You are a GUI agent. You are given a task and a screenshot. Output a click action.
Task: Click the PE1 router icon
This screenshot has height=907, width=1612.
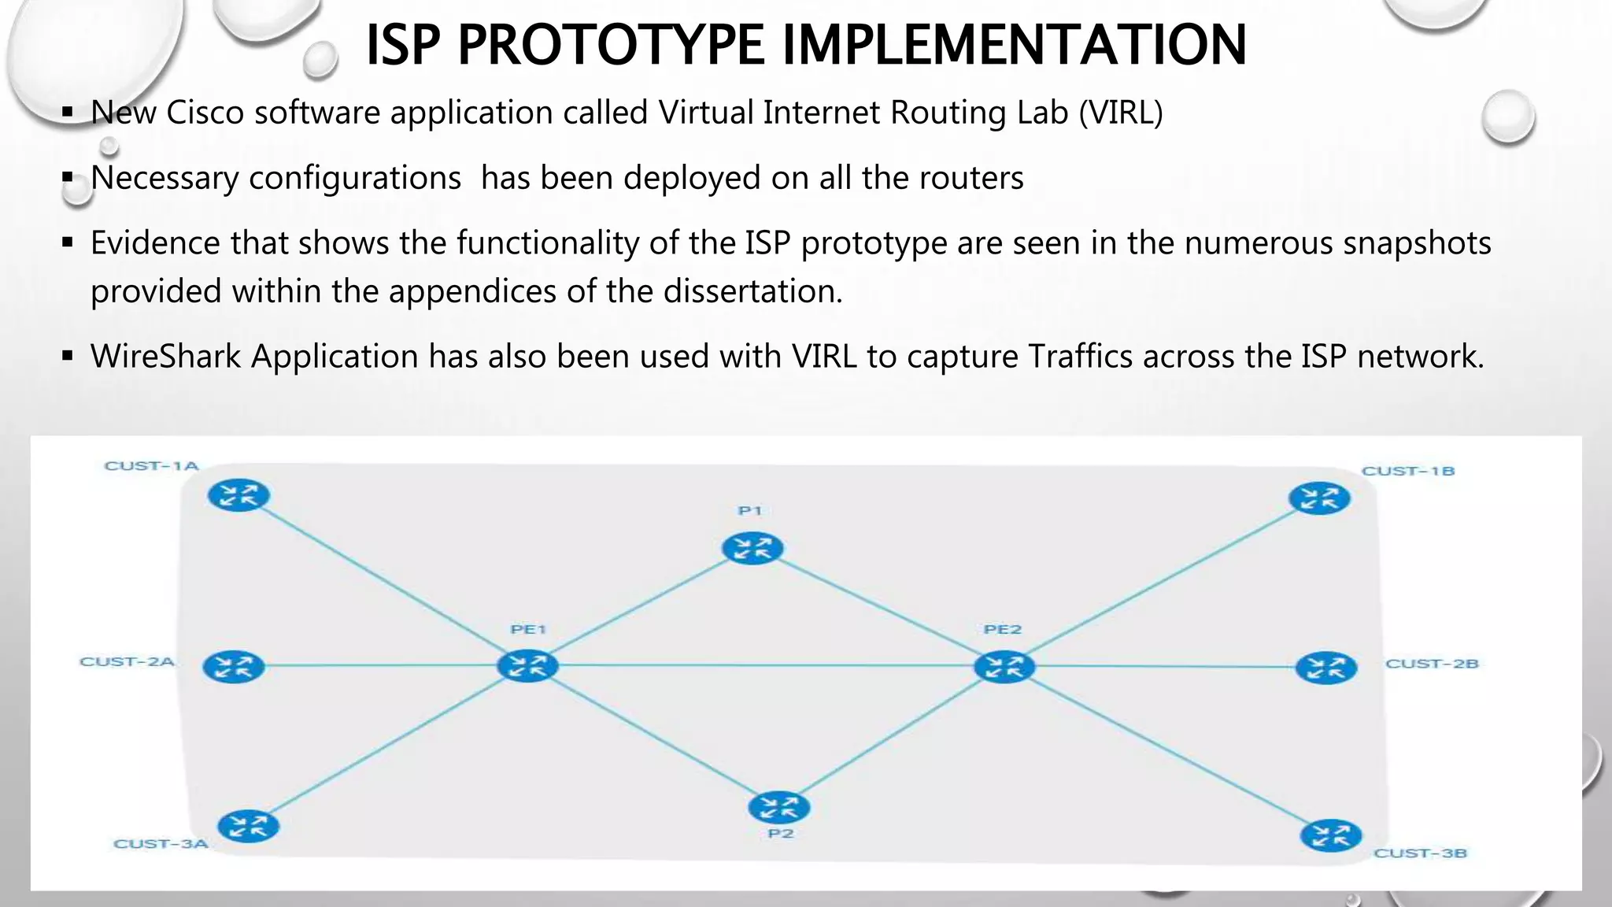click(527, 666)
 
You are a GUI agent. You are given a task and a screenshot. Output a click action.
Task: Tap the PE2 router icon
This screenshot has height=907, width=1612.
click(1004, 667)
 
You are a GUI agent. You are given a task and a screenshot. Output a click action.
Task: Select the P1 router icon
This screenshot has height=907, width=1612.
click(752, 548)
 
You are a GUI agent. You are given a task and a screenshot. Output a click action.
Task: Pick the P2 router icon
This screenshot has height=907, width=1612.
click(778, 807)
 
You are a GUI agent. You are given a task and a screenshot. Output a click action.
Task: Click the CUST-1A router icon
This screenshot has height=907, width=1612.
click(238, 496)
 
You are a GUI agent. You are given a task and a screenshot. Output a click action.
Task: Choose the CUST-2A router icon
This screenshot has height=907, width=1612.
click(234, 667)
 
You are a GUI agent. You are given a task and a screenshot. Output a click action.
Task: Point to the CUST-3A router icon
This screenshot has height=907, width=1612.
click(248, 826)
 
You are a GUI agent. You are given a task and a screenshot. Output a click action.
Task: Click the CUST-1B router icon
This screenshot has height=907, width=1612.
click(1319, 498)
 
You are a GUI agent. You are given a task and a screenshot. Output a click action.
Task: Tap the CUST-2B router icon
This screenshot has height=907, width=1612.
click(1326, 668)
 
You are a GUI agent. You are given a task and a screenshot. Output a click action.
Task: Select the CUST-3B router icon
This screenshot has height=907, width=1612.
click(1331, 836)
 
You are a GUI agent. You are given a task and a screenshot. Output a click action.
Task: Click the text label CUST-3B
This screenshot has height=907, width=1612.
click(1420, 853)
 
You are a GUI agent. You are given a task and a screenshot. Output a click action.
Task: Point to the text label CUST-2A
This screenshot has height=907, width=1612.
click(127, 661)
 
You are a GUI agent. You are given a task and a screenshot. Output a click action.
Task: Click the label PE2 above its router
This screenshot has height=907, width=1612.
click(1002, 629)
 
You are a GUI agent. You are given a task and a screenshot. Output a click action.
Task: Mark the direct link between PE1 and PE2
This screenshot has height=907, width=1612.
click(763, 666)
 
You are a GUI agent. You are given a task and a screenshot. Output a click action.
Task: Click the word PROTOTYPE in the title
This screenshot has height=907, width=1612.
click(610, 45)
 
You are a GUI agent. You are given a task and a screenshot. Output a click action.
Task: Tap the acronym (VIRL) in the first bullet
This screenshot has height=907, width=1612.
click(1120, 113)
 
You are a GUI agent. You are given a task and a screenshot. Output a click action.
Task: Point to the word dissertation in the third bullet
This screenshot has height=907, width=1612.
click(752, 291)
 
